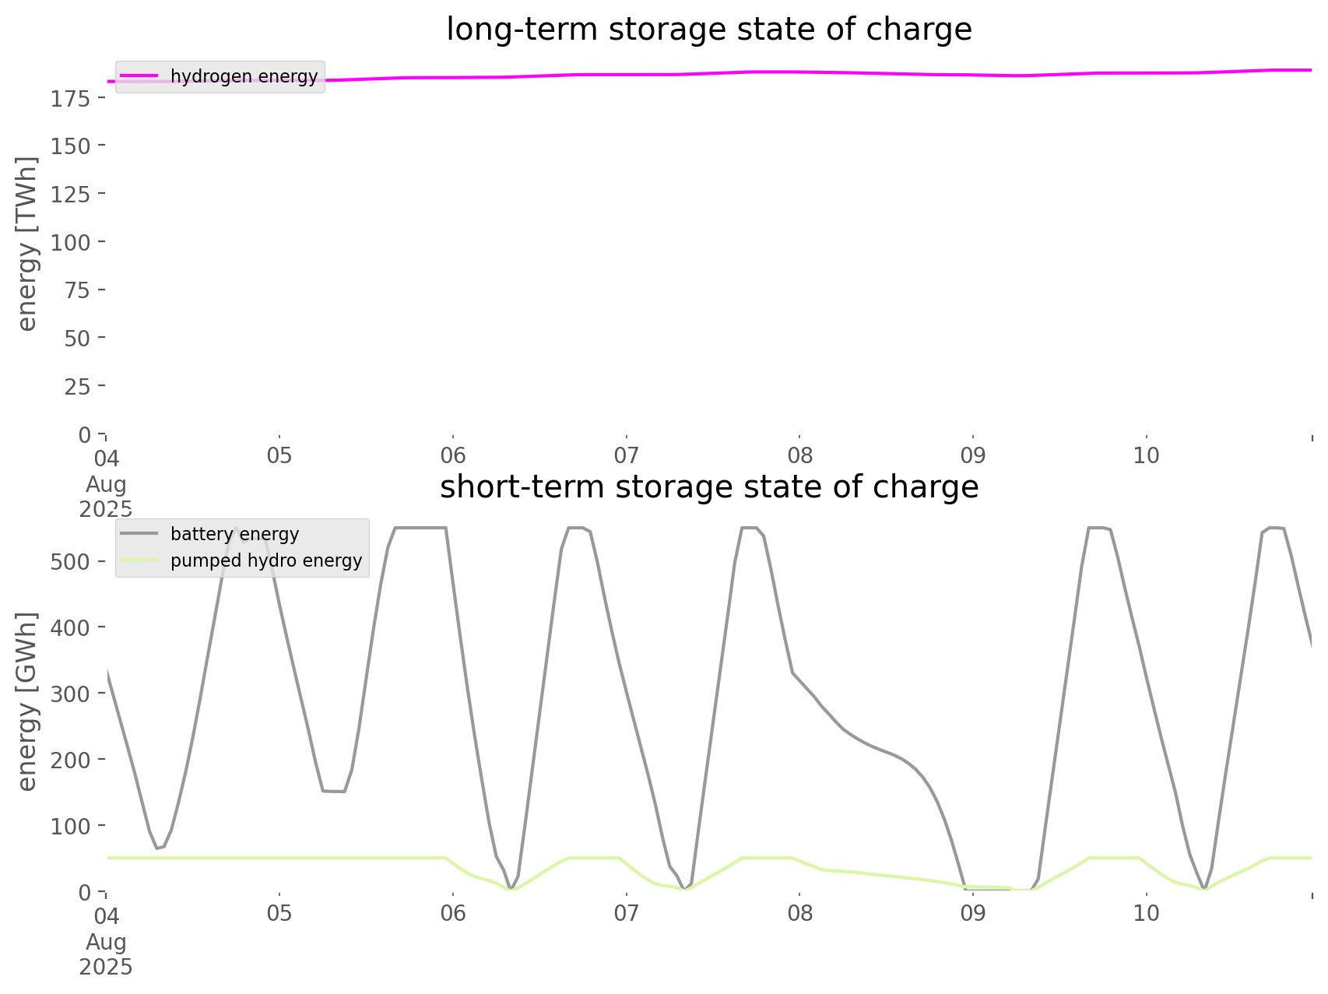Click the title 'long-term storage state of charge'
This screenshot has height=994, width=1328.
pyautogui.click(x=708, y=30)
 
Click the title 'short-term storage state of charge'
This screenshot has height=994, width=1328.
pyautogui.click(x=708, y=487)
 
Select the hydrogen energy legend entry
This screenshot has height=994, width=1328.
pyautogui.click(x=244, y=76)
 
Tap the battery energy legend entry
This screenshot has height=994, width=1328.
pyautogui.click(x=234, y=534)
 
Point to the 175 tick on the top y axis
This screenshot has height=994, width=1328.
pyautogui.click(x=73, y=98)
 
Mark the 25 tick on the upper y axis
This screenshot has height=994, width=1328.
pyautogui.click(x=79, y=386)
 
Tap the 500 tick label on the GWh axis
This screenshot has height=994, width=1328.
pyautogui.click(x=73, y=561)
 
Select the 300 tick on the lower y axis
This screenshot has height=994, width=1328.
pyautogui.click(x=73, y=693)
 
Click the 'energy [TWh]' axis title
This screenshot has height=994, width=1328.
pyautogui.click(x=27, y=244)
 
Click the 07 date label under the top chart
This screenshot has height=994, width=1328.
pyautogui.click(x=626, y=455)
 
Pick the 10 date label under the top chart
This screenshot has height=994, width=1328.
pyautogui.click(x=1147, y=455)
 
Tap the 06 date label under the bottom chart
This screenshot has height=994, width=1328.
pyautogui.click(x=452, y=913)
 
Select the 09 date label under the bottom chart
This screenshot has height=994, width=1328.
pyautogui.click(x=973, y=913)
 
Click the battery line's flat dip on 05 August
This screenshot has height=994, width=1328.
pyautogui.click(x=334, y=791)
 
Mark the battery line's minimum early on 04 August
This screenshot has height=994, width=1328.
pyautogui.click(x=159, y=848)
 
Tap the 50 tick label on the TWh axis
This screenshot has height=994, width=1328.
pyautogui.click(x=79, y=338)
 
